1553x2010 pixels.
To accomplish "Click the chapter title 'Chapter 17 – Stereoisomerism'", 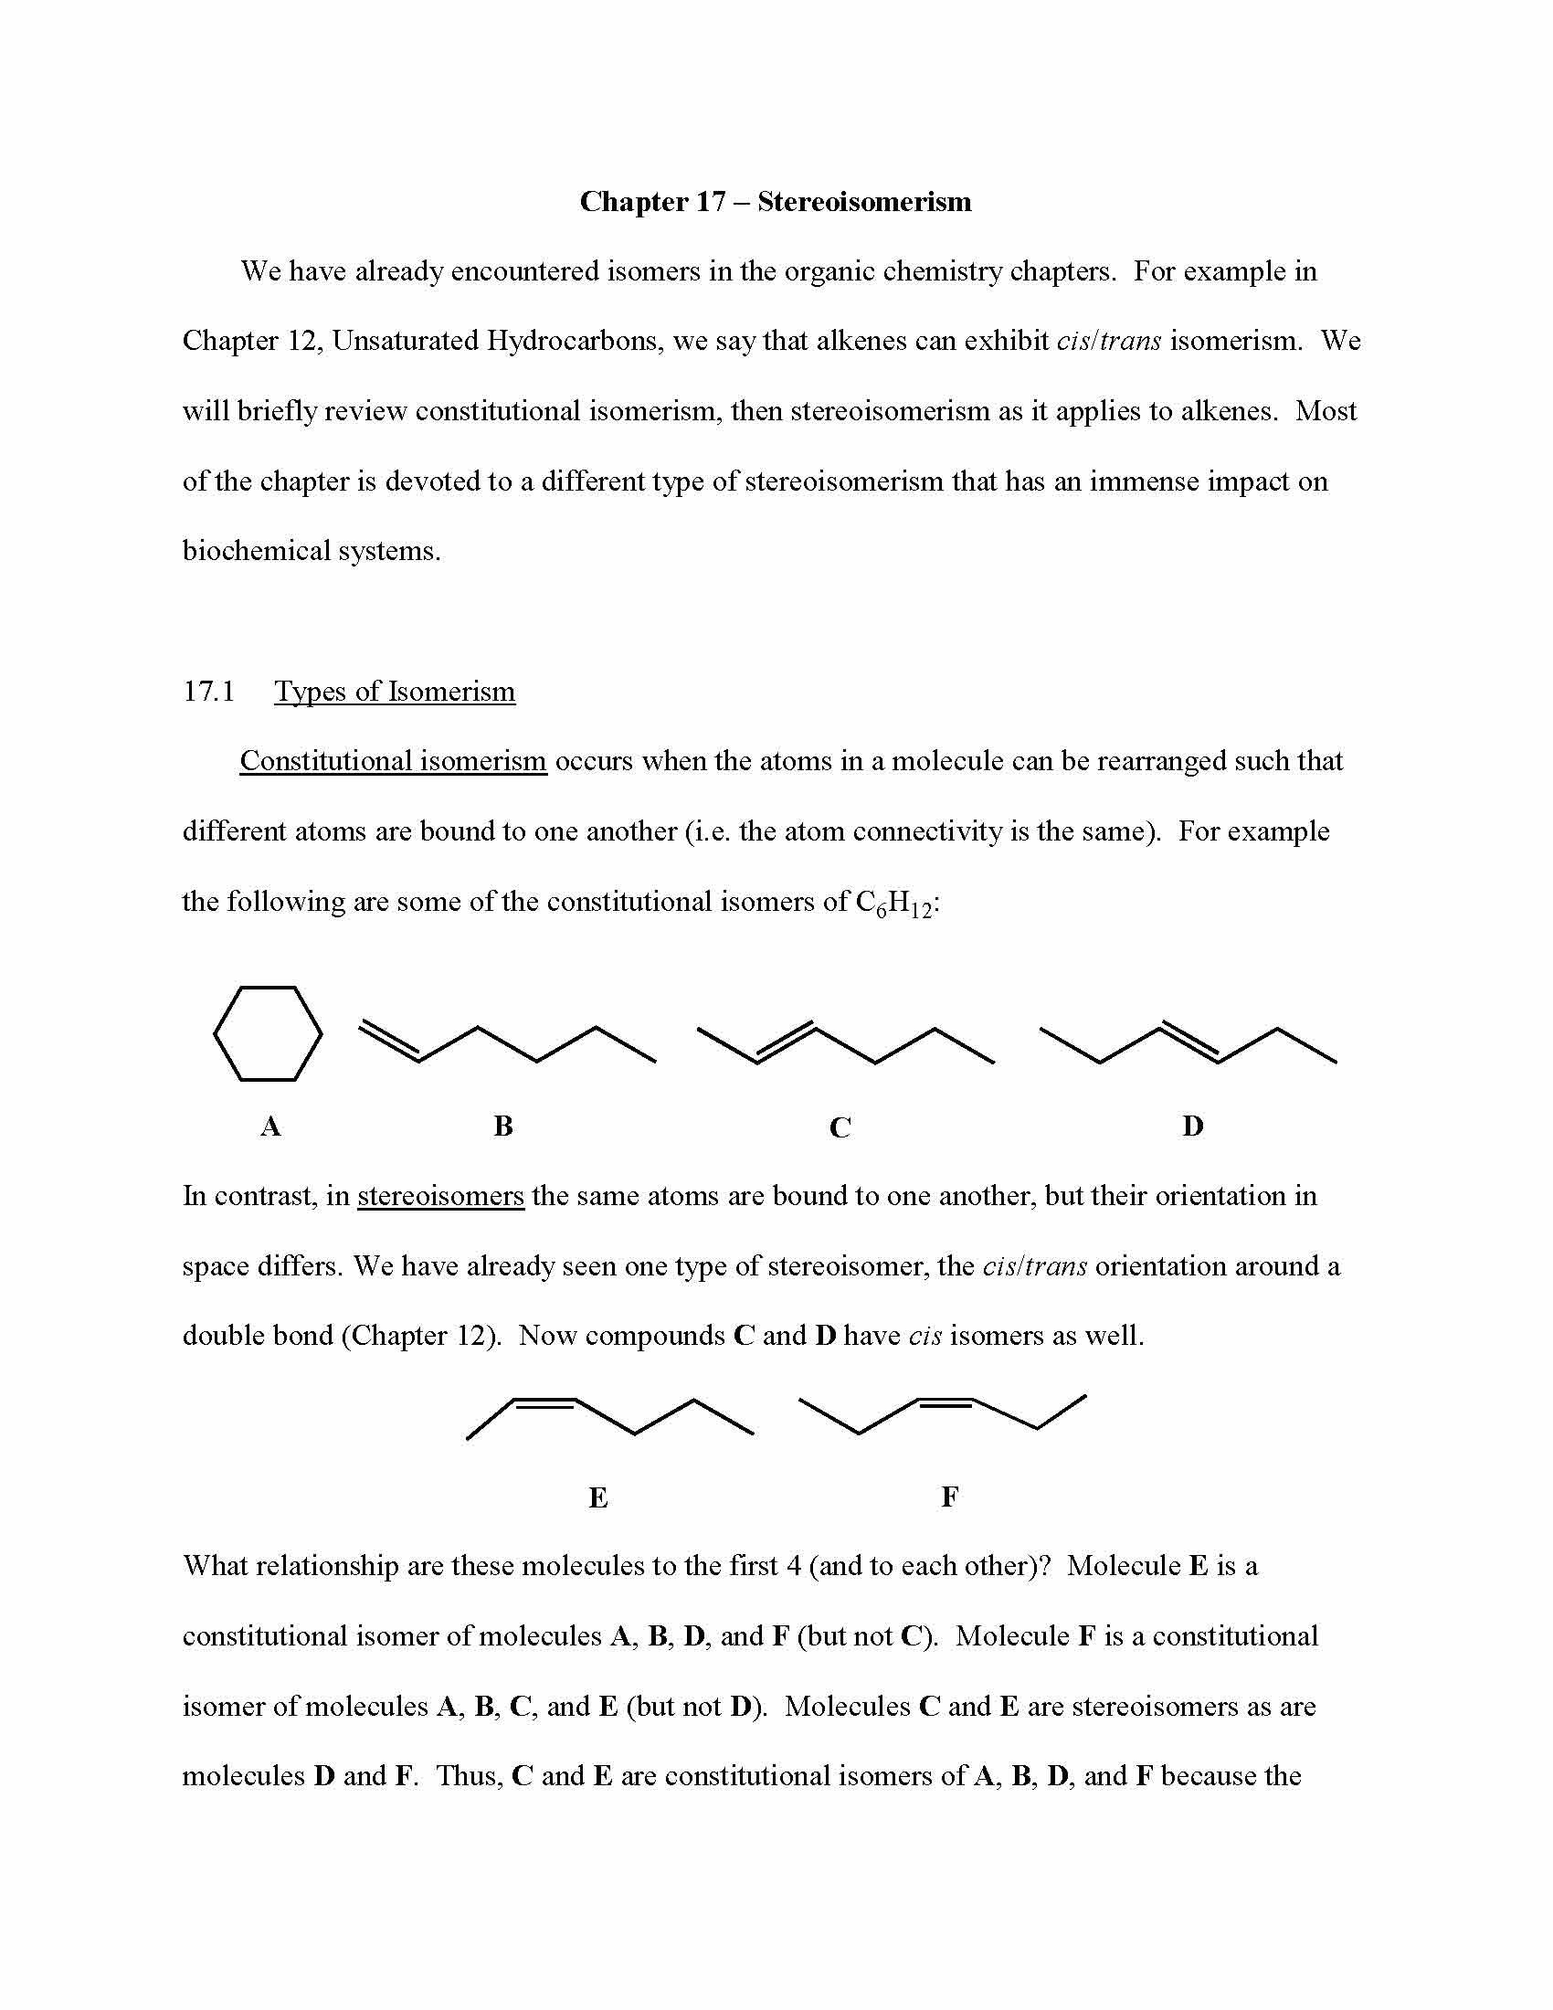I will tap(775, 202).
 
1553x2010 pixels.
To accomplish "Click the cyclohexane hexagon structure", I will tap(268, 1033).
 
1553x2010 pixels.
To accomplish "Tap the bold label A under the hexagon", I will tap(269, 1126).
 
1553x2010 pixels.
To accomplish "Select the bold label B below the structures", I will tap(503, 1126).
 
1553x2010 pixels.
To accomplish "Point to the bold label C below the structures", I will tap(840, 1127).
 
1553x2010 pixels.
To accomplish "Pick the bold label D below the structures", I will tap(1192, 1126).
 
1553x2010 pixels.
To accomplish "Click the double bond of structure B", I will tap(389, 1041).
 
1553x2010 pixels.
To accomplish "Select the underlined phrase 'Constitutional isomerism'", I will tap(393, 761).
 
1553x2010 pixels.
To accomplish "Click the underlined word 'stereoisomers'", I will tap(440, 1196).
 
